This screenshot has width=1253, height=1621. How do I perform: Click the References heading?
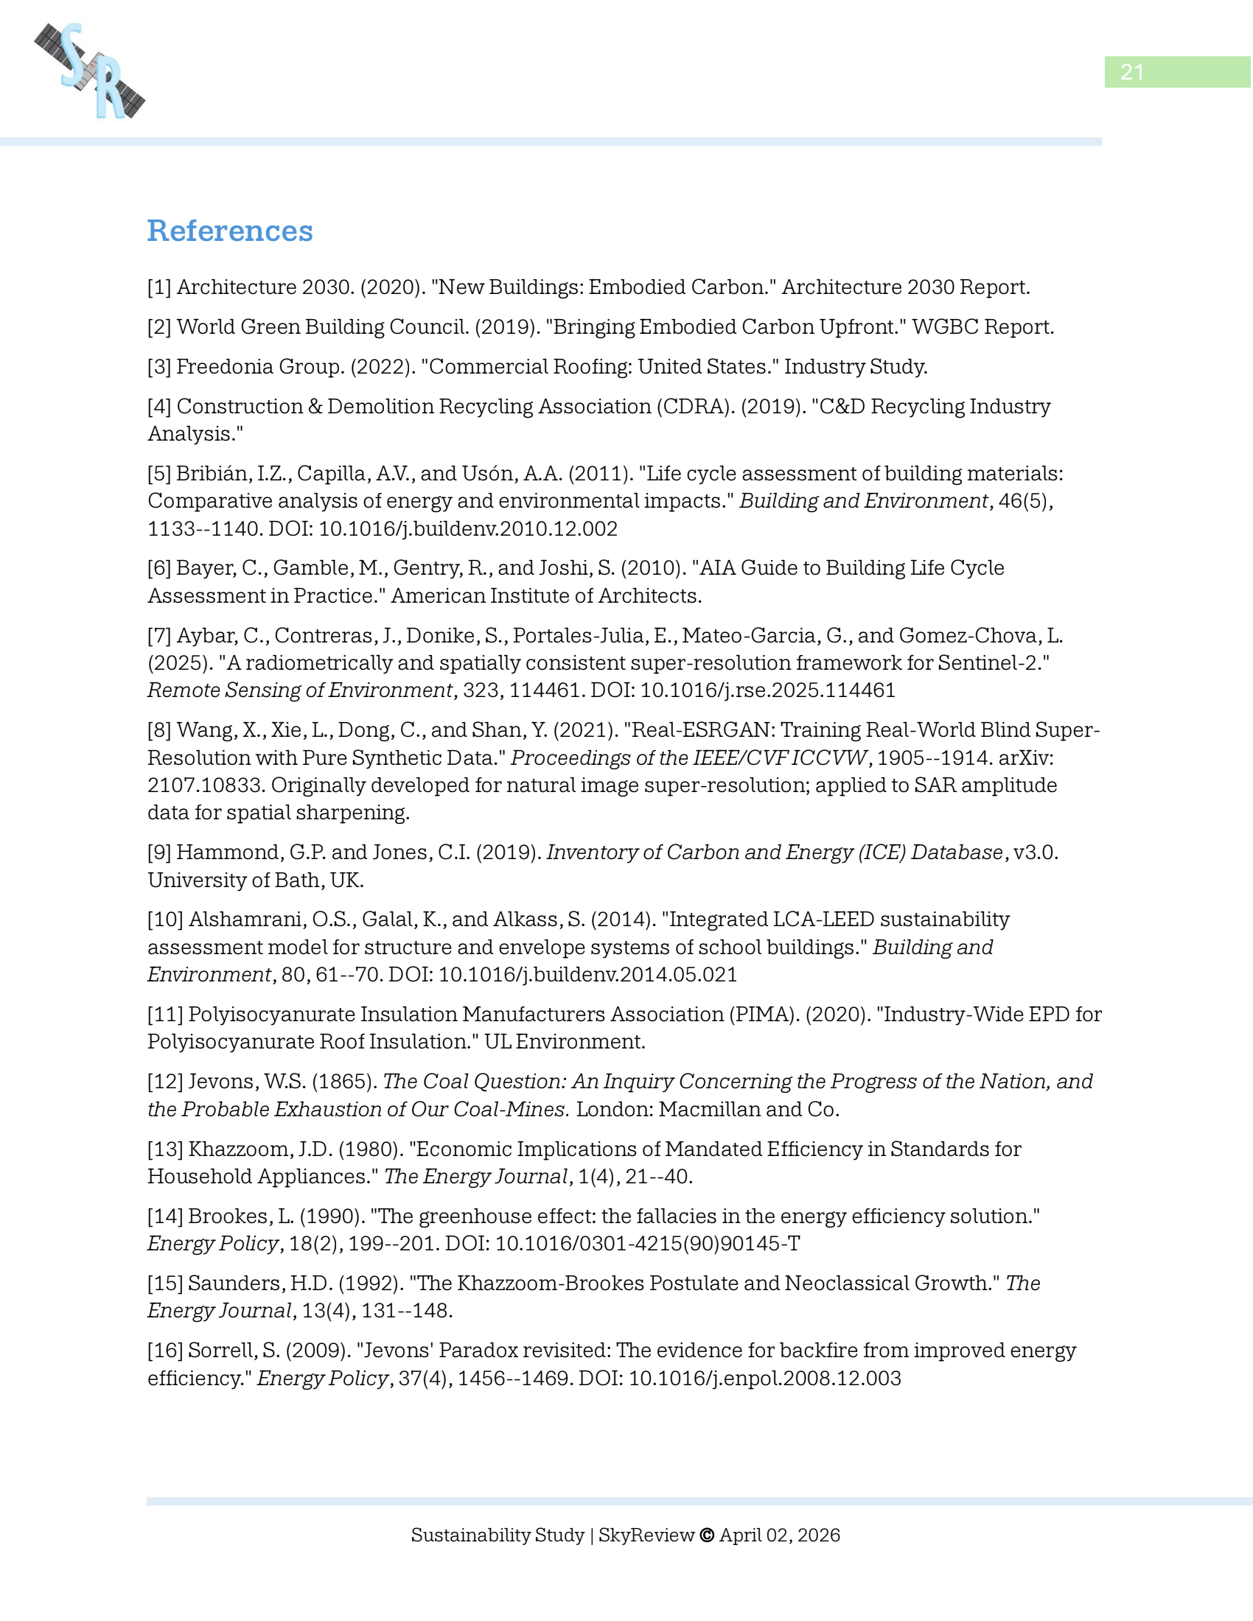pyautogui.click(x=229, y=231)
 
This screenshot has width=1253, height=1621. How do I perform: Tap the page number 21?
pyautogui.click(x=1131, y=72)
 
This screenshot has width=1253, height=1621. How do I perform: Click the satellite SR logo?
pyautogui.click(x=90, y=71)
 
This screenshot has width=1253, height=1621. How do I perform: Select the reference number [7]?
pyautogui.click(x=159, y=635)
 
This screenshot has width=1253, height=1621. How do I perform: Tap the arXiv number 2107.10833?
pyautogui.click(x=206, y=785)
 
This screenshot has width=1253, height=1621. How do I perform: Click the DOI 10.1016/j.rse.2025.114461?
pyautogui.click(x=767, y=690)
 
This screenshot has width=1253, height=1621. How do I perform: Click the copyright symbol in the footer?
pyautogui.click(x=707, y=1535)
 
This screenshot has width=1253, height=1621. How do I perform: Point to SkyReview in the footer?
pyautogui.click(x=646, y=1535)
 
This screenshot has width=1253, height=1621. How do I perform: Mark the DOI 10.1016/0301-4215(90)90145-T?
pyautogui.click(x=647, y=1243)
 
